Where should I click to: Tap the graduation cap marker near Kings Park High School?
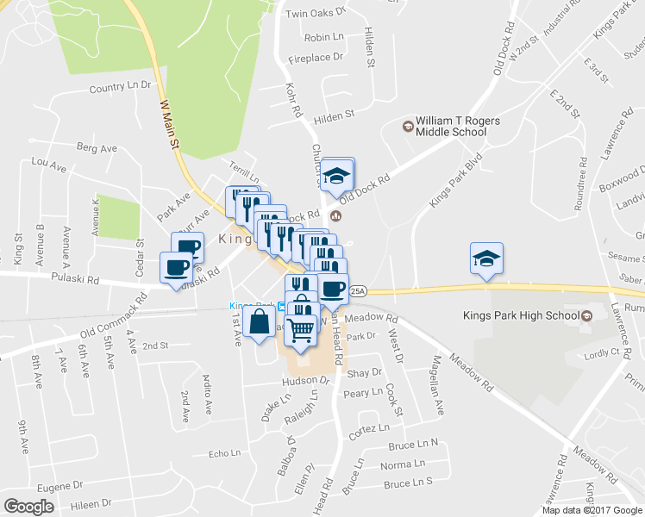pyautogui.click(x=486, y=258)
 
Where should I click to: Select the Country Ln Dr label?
pyautogui.click(x=120, y=87)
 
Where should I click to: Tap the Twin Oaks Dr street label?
pyautogui.click(x=316, y=13)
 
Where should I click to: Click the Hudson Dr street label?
pyautogui.click(x=306, y=380)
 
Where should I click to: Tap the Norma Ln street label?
pyautogui.click(x=408, y=464)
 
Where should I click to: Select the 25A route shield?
pyautogui.click(x=359, y=290)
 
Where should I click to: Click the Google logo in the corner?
pyautogui.click(x=28, y=507)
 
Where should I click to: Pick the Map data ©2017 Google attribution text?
pyautogui.click(x=592, y=510)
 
